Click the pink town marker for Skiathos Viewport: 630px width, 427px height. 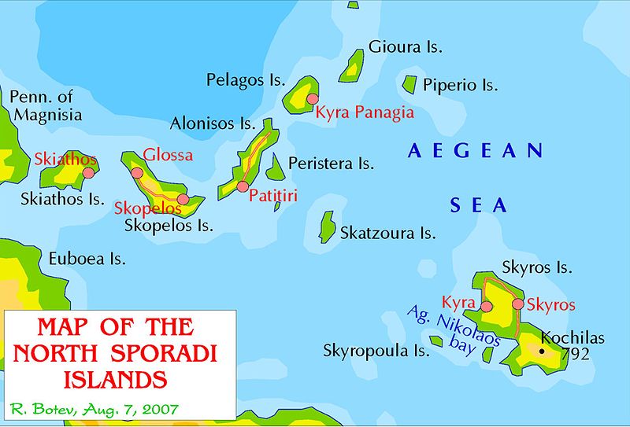(x=89, y=172)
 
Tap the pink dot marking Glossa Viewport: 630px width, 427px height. (x=137, y=173)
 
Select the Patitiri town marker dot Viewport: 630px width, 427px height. (x=243, y=186)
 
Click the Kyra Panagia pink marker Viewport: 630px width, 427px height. (x=313, y=99)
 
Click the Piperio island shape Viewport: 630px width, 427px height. (x=409, y=83)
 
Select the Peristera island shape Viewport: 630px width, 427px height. (x=275, y=167)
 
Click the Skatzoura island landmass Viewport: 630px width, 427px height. (x=327, y=226)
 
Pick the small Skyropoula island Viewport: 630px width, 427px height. (x=435, y=341)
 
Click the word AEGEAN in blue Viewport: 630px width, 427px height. (x=476, y=151)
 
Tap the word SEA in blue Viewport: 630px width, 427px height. (x=479, y=206)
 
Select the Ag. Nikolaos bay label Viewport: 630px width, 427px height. (x=443, y=329)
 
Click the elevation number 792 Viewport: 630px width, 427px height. (x=576, y=355)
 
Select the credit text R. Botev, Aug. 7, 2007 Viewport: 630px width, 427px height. (x=94, y=408)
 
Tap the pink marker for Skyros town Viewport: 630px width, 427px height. (x=518, y=304)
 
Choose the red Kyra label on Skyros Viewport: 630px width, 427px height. (x=458, y=303)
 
